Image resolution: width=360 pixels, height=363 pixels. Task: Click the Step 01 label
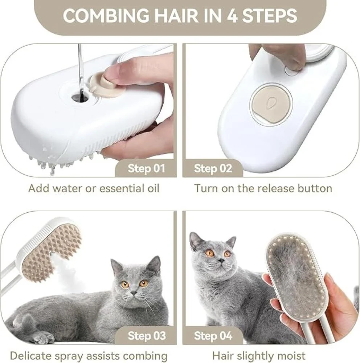146,168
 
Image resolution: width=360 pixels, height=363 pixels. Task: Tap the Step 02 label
213,168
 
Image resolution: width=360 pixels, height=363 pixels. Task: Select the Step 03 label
147,336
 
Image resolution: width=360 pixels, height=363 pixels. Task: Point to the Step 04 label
213,336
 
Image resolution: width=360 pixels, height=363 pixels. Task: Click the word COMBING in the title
106,16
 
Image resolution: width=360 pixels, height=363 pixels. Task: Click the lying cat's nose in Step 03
134,293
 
